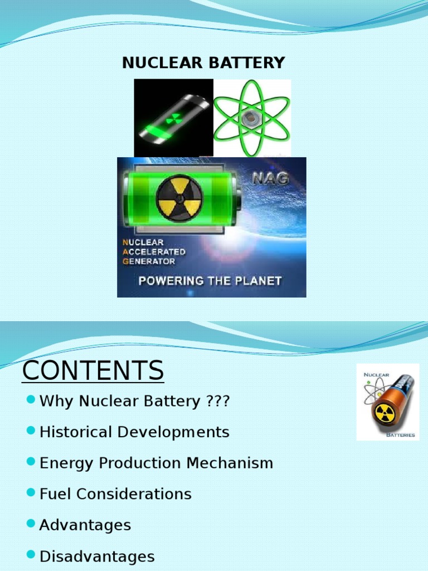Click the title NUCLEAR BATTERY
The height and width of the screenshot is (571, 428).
[x=203, y=63]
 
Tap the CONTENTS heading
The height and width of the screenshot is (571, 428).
[x=93, y=371]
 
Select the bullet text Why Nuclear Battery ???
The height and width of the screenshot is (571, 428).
[x=134, y=401]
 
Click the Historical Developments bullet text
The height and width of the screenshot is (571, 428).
[x=134, y=432]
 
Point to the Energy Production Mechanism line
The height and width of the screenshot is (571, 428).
[x=156, y=463]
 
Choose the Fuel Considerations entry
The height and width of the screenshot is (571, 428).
[x=115, y=494]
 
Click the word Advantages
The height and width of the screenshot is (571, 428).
[x=85, y=525]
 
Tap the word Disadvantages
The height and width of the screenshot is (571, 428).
[x=97, y=556]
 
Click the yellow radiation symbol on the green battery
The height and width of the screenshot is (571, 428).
[x=179, y=198]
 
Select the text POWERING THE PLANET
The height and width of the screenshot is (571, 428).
[x=210, y=280]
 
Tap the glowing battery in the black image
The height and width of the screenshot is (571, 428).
[x=173, y=119]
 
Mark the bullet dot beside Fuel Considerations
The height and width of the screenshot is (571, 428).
[x=31, y=493]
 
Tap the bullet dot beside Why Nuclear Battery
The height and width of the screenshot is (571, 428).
[x=31, y=400]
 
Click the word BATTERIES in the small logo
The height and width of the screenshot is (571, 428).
[x=401, y=435]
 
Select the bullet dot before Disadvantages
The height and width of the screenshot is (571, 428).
[x=31, y=555]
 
